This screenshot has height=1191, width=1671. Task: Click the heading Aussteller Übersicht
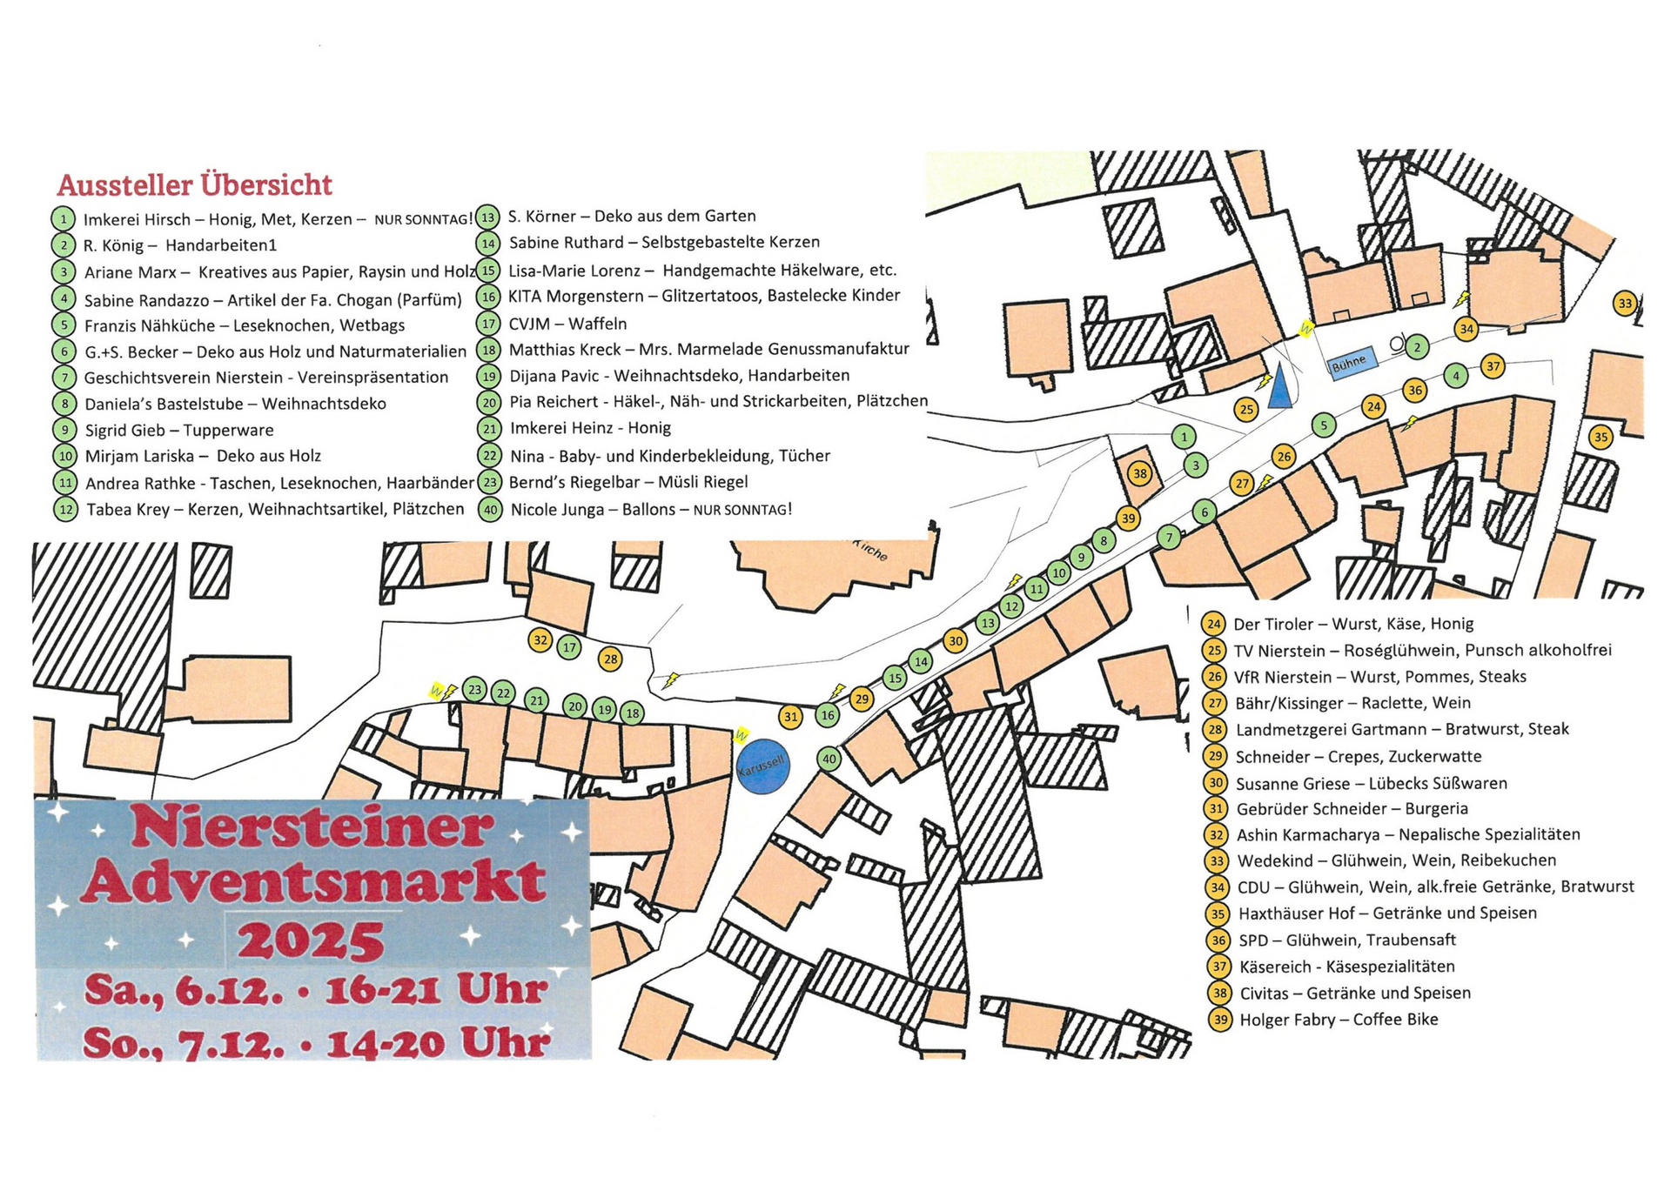pyautogui.click(x=195, y=185)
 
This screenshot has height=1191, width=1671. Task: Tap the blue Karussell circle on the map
pyautogui.click(x=762, y=767)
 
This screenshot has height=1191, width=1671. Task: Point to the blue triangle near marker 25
pyautogui.click(x=1279, y=388)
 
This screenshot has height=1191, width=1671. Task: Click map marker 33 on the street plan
pyautogui.click(x=1624, y=304)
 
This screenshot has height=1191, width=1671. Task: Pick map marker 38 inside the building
pyautogui.click(x=1139, y=474)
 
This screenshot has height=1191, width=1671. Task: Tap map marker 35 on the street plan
pyautogui.click(x=1601, y=437)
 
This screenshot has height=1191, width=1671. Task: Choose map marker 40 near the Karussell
pyautogui.click(x=829, y=759)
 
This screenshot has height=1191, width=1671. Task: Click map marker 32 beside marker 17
pyautogui.click(x=540, y=640)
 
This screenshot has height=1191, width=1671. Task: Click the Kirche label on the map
pyautogui.click(x=870, y=552)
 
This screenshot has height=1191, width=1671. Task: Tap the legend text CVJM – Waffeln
pyautogui.click(x=567, y=324)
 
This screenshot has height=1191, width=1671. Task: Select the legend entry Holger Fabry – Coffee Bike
pyautogui.click(x=1339, y=1020)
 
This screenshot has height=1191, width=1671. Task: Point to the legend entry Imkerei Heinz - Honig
pyautogui.click(x=590, y=428)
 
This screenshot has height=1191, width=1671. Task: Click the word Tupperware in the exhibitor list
pyautogui.click(x=228, y=430)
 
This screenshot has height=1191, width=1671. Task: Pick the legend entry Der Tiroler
pyautogui.click(x=1273, y=624)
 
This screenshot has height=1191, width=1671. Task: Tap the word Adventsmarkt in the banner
pyautogui.click(x=318, y=881)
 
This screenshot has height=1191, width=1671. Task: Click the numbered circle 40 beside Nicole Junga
pyautogui.click(x=491, y=510)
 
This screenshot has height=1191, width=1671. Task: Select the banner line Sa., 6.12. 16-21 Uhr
pyautogui.click(x=317, y=991)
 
